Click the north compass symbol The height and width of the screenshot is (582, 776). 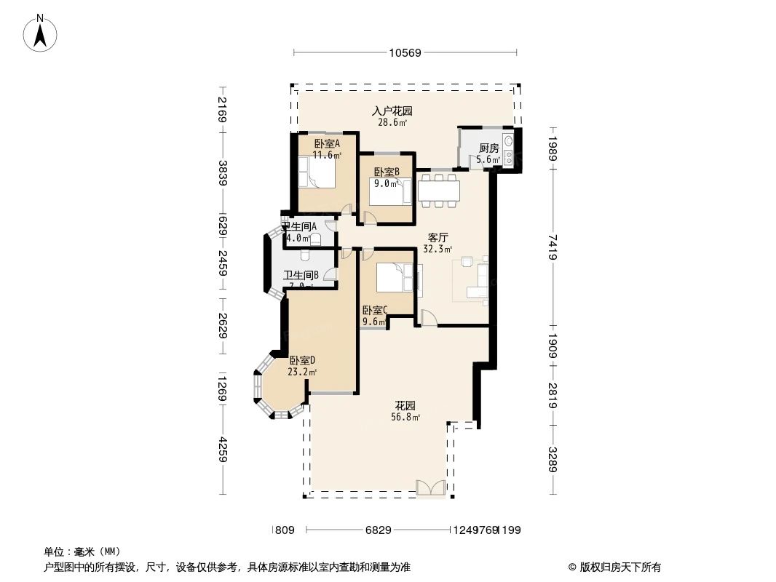click(x=41, y=32)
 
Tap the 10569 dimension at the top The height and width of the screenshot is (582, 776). click(x=405, y=52)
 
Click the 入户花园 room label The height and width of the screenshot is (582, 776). click(x=392, y=111)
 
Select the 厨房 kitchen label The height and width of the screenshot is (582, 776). click(x=488, y=148)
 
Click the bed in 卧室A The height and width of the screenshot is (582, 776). click(x=317, y=174)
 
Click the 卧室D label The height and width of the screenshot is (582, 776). click(x=302, y=360)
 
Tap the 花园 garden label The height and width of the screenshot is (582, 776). click(x=405, y=405)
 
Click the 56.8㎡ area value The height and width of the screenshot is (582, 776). click(x=405, y=417)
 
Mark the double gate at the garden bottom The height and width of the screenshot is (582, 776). click(x=429, y=488)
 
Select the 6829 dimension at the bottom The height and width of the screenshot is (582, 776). click(x=378, y=530)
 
